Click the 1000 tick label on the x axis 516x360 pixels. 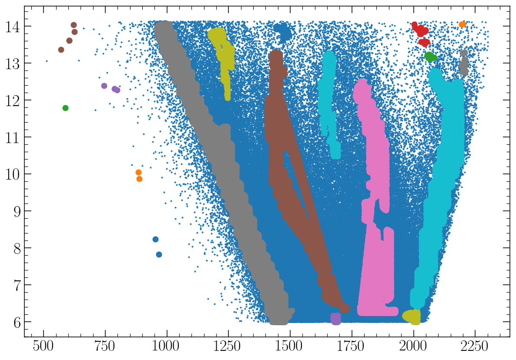[x=167, y=347]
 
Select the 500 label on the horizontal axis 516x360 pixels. [x=44, y=347]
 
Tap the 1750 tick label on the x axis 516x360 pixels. [x=352, y=347]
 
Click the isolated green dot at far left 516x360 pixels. [x=65, y=108]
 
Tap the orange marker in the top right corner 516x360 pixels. [x=462, y=24]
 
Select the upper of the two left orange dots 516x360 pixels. [x=138, y=172]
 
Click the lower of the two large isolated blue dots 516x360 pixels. [x=159, y=254]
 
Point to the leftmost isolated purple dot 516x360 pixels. [x=104, y=86]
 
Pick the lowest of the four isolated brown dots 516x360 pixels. [x=61, y=50]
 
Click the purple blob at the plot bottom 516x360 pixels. [x=335, y=319]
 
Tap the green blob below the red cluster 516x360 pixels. [x=430, y=57]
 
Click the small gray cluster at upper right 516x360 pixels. [x=464, y=62]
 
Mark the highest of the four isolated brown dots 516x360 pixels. [x=74, y=25]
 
